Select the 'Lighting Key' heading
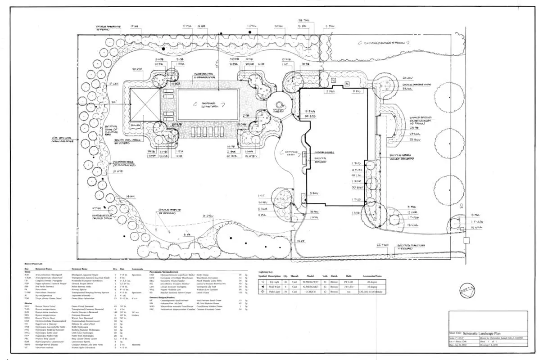265,272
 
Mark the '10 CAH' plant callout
113,84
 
